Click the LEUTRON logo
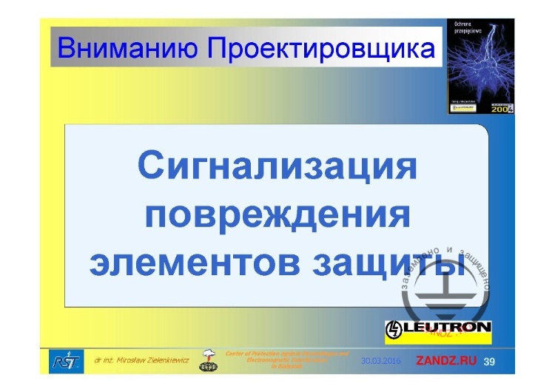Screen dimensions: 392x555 (x=439, y=327)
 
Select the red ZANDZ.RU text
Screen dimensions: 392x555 (x=446, y=361)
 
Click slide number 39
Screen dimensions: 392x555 (x=490, y=361)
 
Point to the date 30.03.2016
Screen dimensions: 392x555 (x=381, y=361)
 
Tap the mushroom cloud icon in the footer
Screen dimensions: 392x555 (x=210, y=359)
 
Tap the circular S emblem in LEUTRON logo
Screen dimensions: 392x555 (x=394, y=327)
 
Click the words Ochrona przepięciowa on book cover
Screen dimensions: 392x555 (x=464, y=29)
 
